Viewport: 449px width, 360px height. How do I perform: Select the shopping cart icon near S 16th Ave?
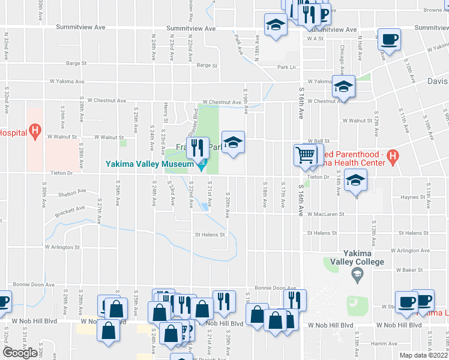pos(306,155)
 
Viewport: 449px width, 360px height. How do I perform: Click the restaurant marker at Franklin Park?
pos(197,146)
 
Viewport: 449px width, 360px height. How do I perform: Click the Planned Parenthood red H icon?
pos(393,157)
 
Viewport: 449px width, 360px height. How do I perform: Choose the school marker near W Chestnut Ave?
pos(344,86)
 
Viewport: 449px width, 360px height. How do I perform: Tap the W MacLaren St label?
pos(325,214)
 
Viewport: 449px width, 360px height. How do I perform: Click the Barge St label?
pos(76,62)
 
